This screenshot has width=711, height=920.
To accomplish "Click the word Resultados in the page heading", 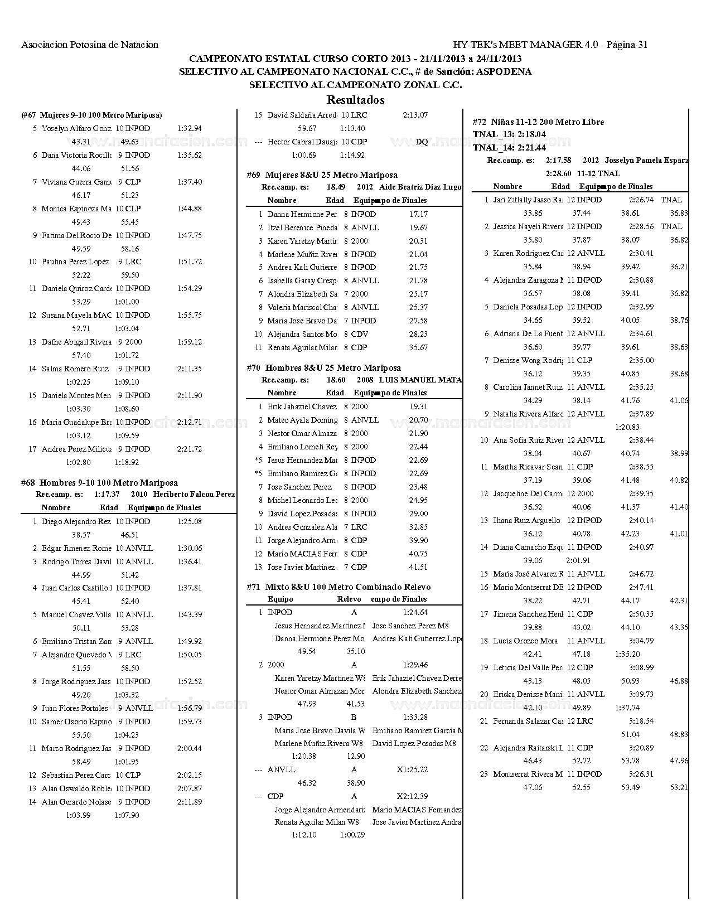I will [355, 100].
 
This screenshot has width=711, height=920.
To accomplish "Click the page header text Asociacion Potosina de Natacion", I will [90, 45].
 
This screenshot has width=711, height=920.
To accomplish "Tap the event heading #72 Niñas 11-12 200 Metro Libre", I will [538, 122].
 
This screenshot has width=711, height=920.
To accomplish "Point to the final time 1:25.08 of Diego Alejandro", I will [189, 521].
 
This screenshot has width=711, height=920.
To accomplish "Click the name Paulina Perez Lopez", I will [75, 262].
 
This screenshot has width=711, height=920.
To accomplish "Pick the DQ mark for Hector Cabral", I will [422, 142].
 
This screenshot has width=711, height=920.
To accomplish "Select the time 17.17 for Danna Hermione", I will [418, 214].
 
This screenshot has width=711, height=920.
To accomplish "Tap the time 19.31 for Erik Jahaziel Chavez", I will [418, 407].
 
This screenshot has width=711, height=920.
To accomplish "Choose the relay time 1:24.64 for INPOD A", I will [415, 612].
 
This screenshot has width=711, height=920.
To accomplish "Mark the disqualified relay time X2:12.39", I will [412, 796].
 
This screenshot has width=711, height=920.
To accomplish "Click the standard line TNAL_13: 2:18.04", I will [509, 134].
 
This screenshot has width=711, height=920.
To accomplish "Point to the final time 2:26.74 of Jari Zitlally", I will [641, 200].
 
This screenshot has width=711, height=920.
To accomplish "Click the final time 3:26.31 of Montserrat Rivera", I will [641, 774].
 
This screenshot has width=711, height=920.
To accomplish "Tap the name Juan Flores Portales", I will [75, 708].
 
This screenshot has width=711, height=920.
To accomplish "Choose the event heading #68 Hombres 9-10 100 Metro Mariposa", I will [99, 483].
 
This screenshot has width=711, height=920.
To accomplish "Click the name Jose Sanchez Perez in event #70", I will [299, 487].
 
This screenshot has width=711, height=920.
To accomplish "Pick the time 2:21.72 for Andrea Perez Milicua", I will [189, 449].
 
